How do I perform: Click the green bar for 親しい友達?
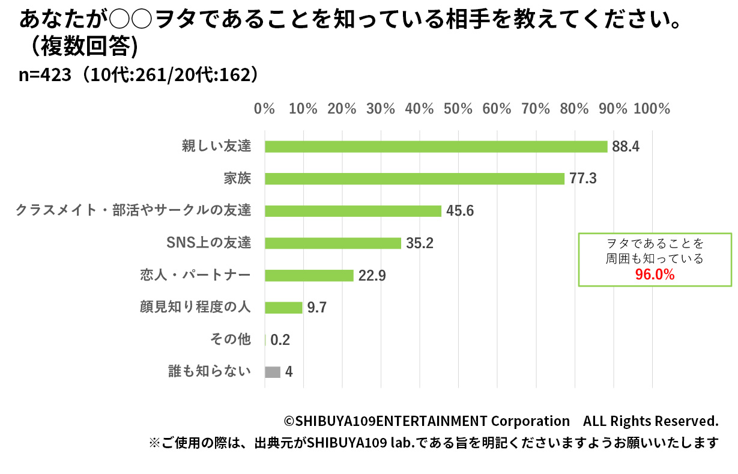[x=436, y=147]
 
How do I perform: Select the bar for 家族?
[x=414, y=178]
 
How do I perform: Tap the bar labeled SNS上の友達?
[x=333, y=243]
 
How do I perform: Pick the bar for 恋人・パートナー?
[x=309, y=275]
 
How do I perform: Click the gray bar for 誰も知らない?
[x=273, y=372]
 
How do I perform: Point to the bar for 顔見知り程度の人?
[x=283, y=308]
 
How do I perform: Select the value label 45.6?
[x=461, y=211]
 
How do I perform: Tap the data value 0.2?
[x=280, y=340]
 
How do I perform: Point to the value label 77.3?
[x=584, y=178]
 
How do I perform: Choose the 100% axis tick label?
[x=652, y=109]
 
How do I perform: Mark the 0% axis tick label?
[x=264, y=109]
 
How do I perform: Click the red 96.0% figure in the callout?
[x=655, y=275]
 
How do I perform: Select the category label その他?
[x=230, y=339]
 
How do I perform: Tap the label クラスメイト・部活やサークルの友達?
[x=133, y=210]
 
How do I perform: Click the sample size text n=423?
[x=46, y=74]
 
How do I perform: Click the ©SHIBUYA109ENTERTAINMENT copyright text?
[x=426, y=421]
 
